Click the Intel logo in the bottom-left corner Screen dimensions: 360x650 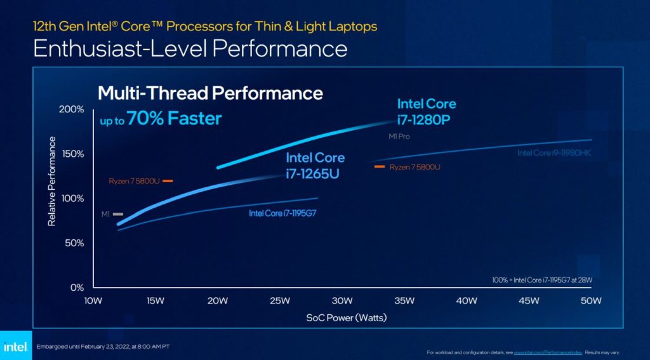point(15,346)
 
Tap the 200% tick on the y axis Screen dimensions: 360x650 point(72,109)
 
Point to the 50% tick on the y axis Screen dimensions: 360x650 point(74,243)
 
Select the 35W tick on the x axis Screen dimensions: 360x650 point(404,300)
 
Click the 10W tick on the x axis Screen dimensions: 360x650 point(93,300)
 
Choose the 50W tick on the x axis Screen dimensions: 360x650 point(592,300)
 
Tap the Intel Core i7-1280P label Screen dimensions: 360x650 point(427,110)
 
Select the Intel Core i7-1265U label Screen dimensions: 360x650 point(315,165)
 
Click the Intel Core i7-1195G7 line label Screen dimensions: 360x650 point(282,213)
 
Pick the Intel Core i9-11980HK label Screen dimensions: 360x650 point(554,153)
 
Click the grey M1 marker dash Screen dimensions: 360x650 point(118,215)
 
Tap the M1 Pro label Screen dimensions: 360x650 point(400,137)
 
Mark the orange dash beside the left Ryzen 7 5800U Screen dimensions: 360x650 point(168,181)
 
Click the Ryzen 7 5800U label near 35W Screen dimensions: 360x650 point(415,167)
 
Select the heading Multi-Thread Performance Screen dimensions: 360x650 point(210,93)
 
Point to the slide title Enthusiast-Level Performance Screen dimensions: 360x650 point(190,49)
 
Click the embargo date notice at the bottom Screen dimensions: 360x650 point(103,346)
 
